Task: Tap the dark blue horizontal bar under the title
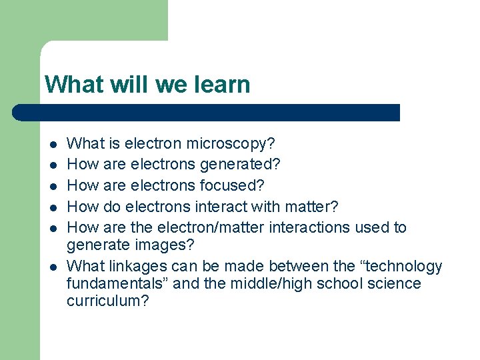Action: (x=207, y=113)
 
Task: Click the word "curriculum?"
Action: (x=108, y=301)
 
